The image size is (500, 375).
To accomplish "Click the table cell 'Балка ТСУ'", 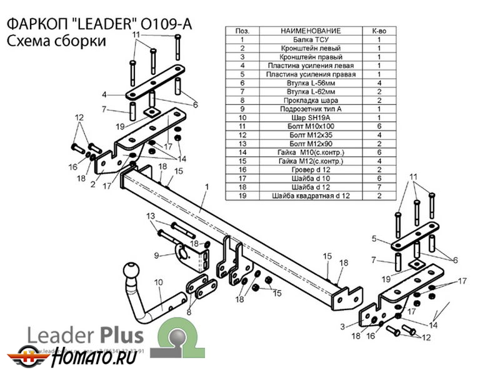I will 311,39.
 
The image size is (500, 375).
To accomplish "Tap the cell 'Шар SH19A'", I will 311,117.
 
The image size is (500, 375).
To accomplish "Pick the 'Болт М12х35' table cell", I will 311,135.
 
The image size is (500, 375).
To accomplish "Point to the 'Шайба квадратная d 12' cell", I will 311,196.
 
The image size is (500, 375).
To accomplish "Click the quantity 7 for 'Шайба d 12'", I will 379,187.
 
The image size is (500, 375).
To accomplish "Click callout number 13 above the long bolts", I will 150,216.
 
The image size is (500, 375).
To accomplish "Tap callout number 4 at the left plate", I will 104,95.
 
